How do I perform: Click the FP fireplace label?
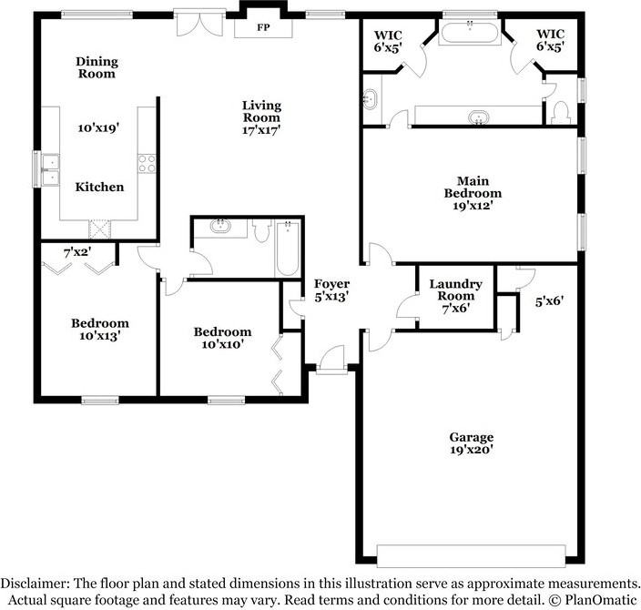pos(263,28)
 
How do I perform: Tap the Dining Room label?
pos(97,68)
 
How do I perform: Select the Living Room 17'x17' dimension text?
pos(260,129)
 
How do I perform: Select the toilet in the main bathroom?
pos(561,112)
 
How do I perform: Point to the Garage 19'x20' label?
pos(471,442)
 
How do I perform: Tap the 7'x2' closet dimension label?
pos(77,252)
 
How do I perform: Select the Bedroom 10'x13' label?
pos(100,329)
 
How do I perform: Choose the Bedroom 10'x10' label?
pos(222,338)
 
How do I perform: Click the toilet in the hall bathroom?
pos(260,234)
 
